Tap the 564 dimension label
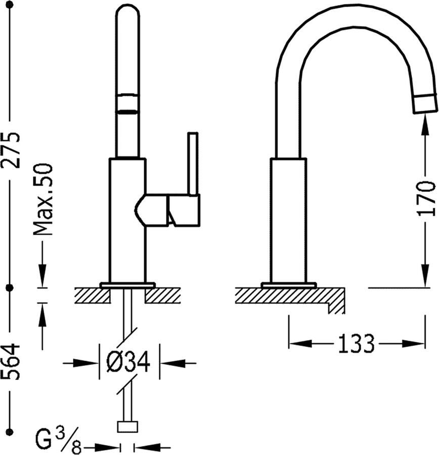tap(11, 361)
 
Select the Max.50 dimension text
tap(43, 200)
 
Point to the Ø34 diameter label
tap(128, 361)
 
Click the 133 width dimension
tap(356, 344)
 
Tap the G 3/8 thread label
tap(58, 442)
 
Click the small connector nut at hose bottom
tap(127, 427)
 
